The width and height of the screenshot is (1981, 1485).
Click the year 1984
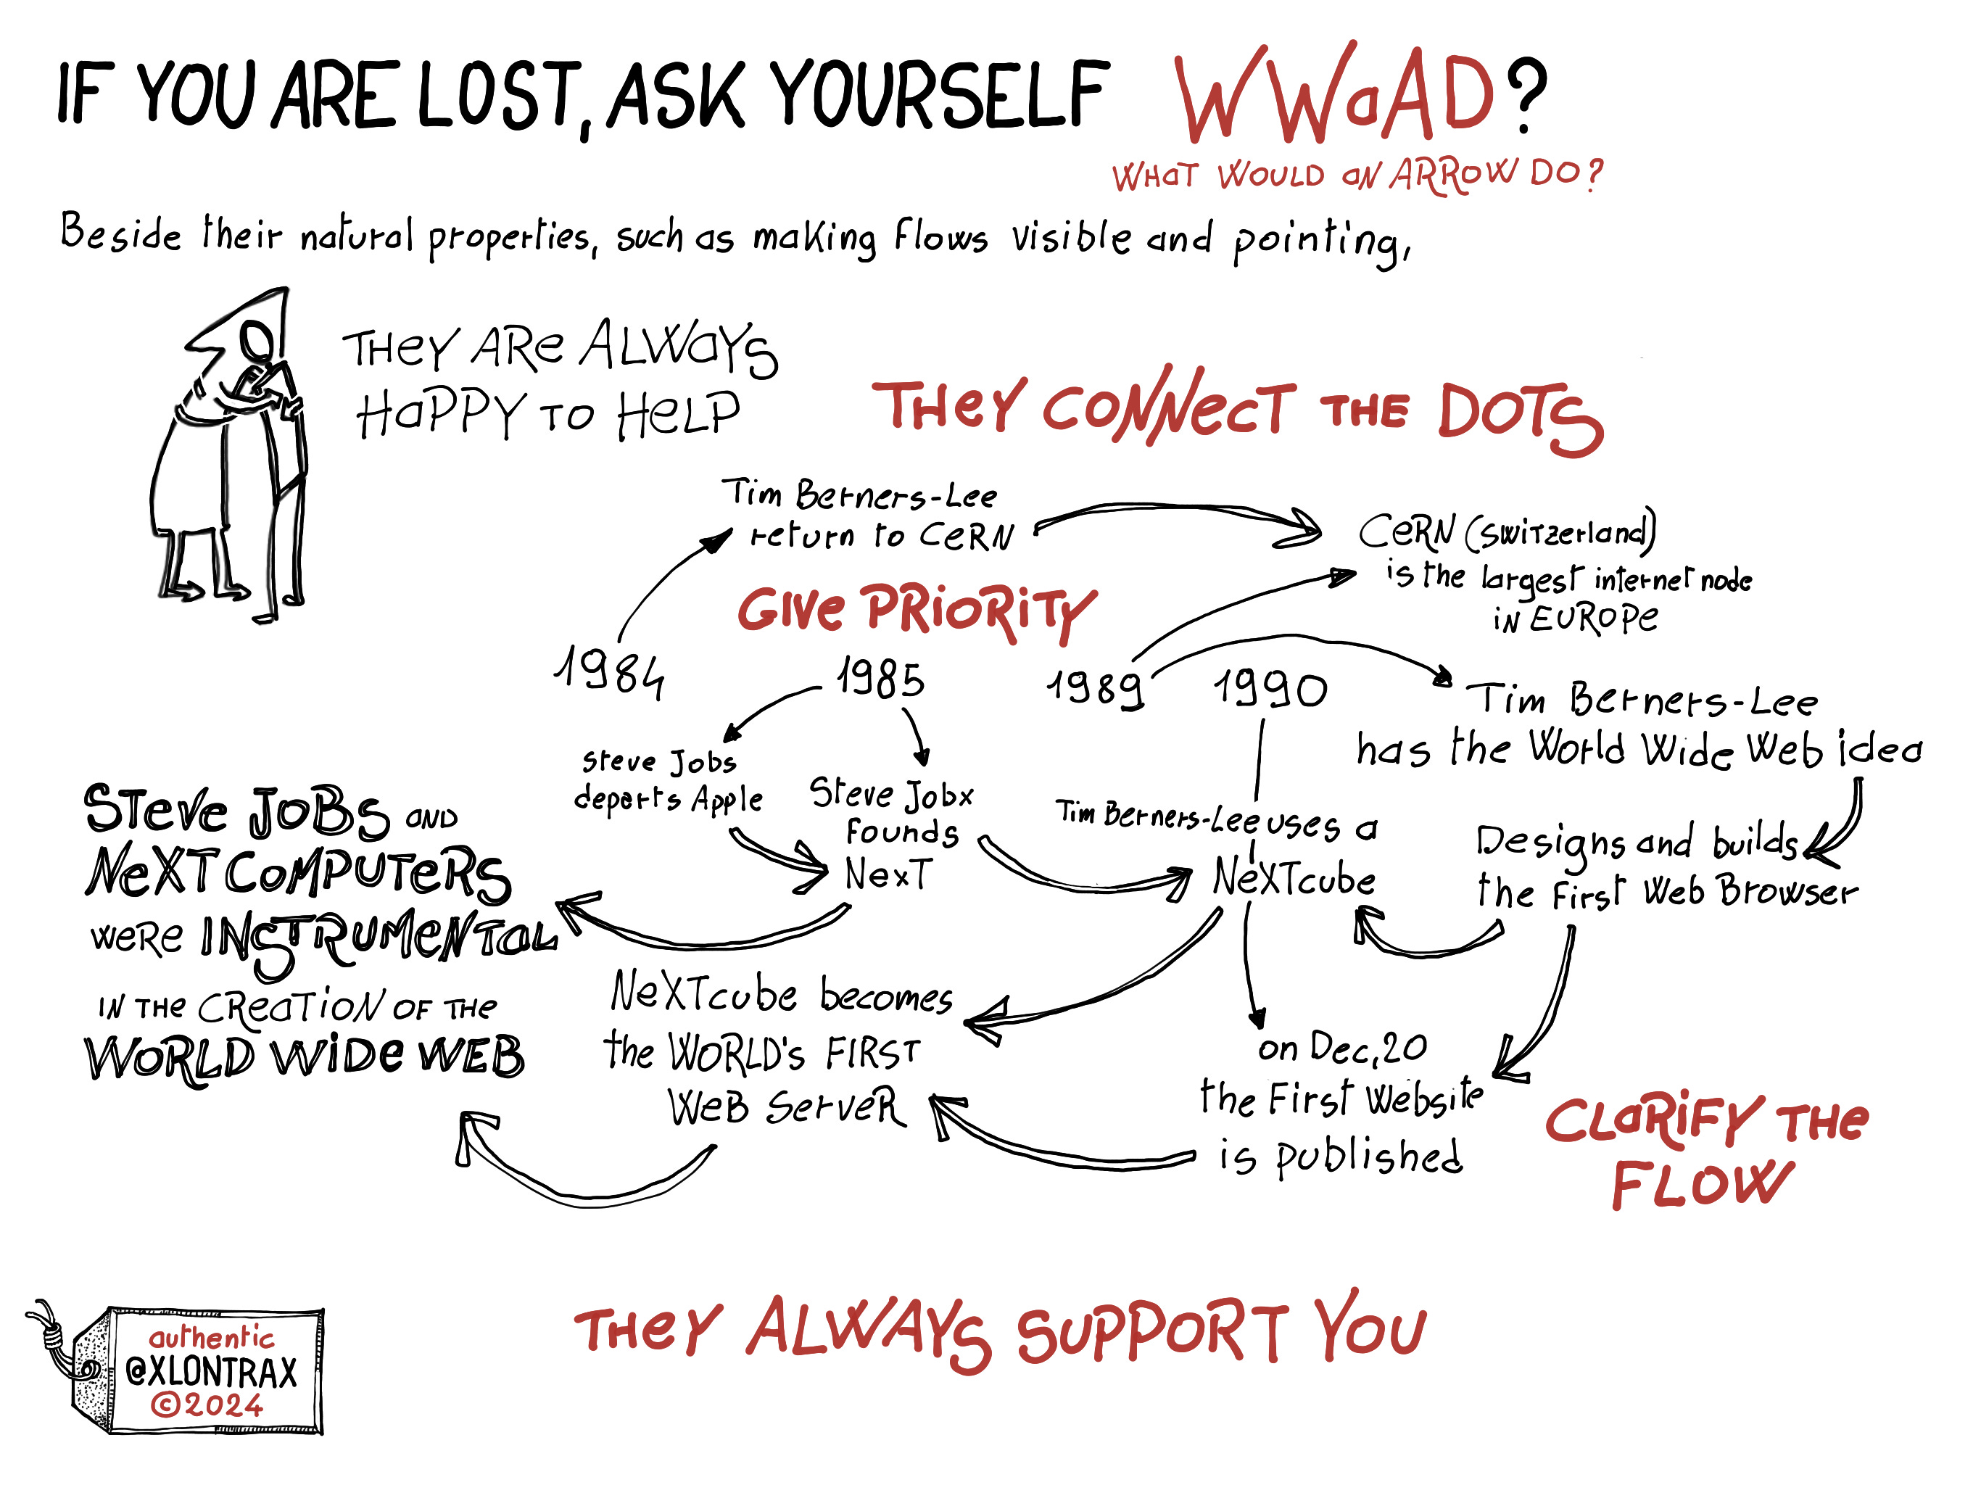[x=610, y=671]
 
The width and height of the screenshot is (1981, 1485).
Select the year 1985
[x=880, y=679]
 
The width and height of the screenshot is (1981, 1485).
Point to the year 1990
[x=1269, y=690]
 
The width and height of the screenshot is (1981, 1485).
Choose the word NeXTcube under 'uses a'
[x=1293, y=878]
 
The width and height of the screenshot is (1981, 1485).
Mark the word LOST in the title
[x=497, y=94]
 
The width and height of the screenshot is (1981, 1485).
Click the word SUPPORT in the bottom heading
[x=1151, y=1333]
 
